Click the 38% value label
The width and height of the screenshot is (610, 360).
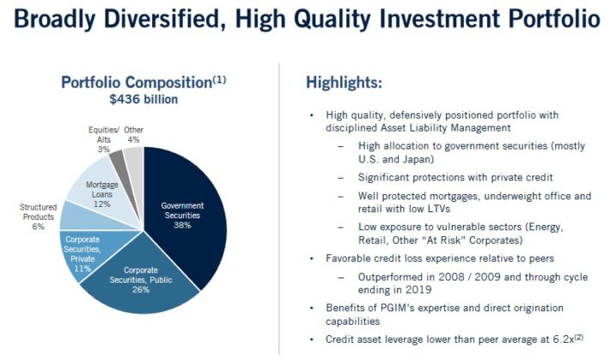pos(182,225)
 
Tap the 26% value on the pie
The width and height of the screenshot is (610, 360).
pos(140,290)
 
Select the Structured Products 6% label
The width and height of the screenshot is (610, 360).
pos(38,217)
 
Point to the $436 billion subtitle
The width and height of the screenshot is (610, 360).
pos(143,100)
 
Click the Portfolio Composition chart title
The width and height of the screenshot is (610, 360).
pos(143,82)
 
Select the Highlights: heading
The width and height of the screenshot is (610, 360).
pos(344,82)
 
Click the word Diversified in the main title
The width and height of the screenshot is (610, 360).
pos(164,19)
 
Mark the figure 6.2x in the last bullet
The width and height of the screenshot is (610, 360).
pos(564,339)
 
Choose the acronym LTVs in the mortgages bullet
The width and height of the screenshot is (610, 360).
pos(437,209)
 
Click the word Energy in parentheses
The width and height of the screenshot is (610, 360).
pos(546,228)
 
